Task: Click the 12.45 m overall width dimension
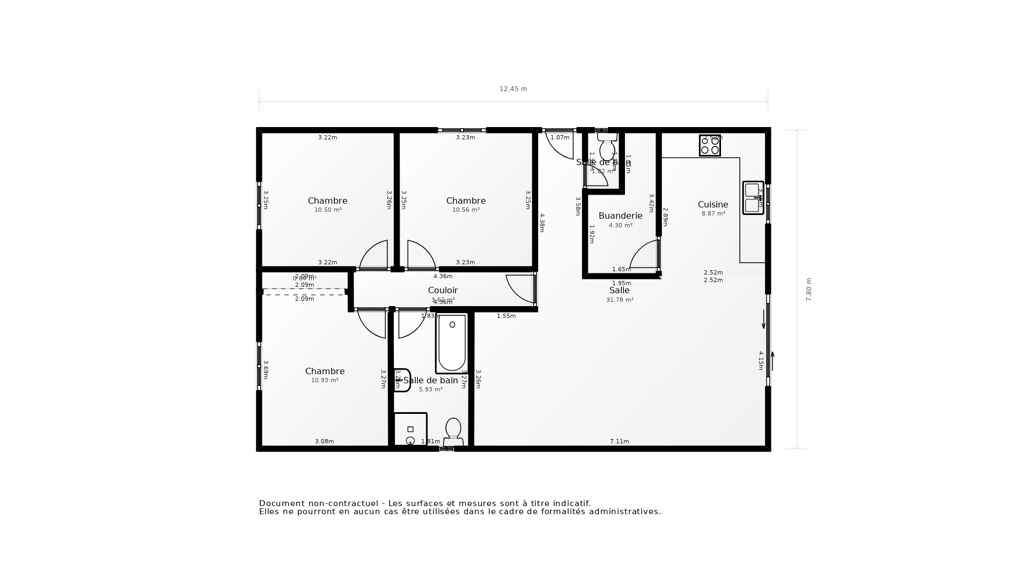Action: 513,89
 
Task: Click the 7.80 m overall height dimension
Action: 809,289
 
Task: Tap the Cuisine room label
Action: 713,204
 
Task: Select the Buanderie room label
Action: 620,216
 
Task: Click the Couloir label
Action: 443,290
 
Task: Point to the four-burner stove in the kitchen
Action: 710,145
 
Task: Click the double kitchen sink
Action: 753,198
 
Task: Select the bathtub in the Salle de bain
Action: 452,344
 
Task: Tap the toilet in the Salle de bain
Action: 453,432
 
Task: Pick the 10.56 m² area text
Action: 466,210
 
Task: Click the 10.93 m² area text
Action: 325,381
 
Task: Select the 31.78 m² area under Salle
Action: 620,300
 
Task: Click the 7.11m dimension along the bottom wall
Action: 619,441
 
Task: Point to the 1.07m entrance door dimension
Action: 560,138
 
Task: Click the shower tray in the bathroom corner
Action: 410,429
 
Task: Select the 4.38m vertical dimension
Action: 542,222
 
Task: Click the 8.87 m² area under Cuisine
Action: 713,214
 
